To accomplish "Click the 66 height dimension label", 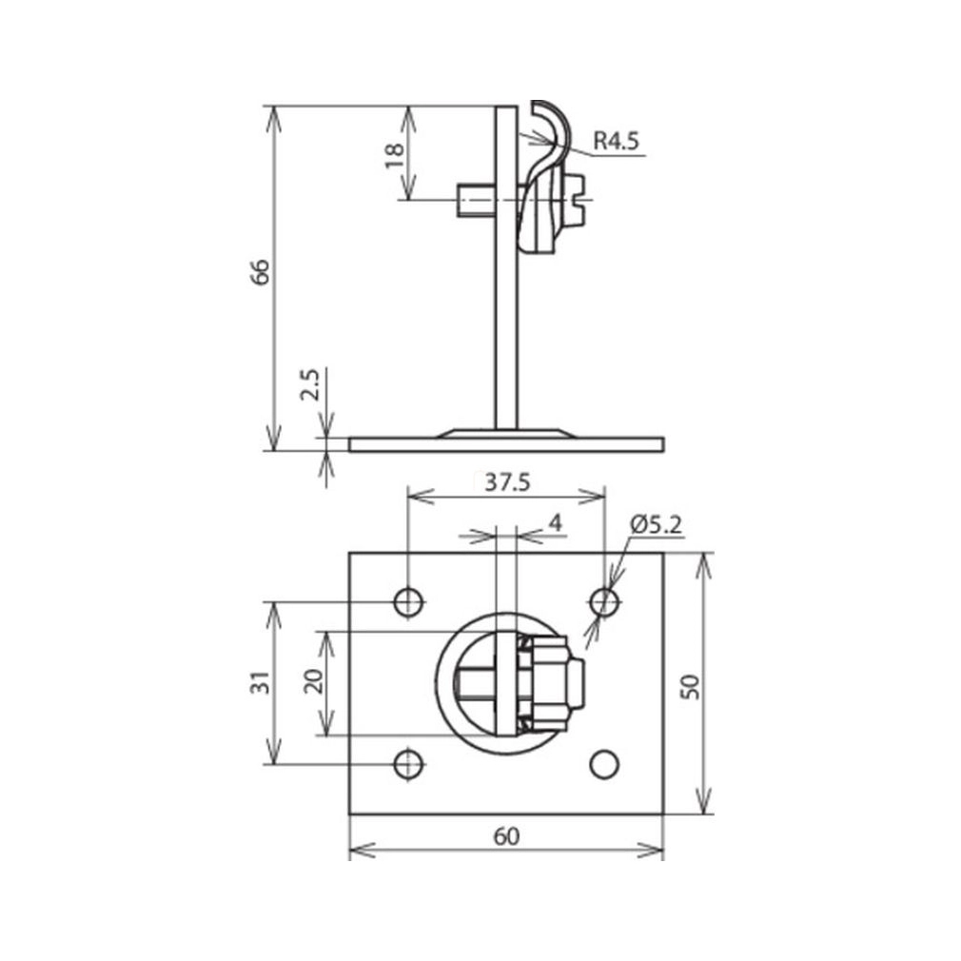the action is (x=261, y=272).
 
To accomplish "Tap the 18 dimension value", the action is (x=395, y=156).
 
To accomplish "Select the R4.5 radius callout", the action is (x=616, y=141).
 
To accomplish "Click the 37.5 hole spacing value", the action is (x=507, y=483).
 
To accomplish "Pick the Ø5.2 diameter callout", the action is (x=656, y=524).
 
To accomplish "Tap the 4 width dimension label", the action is (x=556, y=523).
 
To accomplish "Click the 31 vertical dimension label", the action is (x=262, y=683).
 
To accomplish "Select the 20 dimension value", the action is (x=315, y=681).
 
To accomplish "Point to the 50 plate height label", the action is (x=690, y=686).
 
